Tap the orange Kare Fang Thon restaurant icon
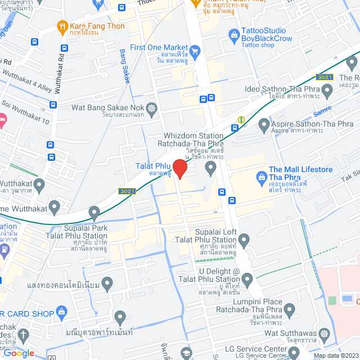coord(62,26)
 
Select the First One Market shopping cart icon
coord(195,52)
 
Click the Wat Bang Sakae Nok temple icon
coord(151,107)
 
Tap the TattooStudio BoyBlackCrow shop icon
coord(233,35)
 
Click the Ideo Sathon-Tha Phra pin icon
coord(326,89)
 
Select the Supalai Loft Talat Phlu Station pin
coord(244,241)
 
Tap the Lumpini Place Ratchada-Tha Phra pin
coord(289,309)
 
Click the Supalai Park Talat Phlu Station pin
coord(94,212)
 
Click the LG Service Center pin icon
coord(294,353)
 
